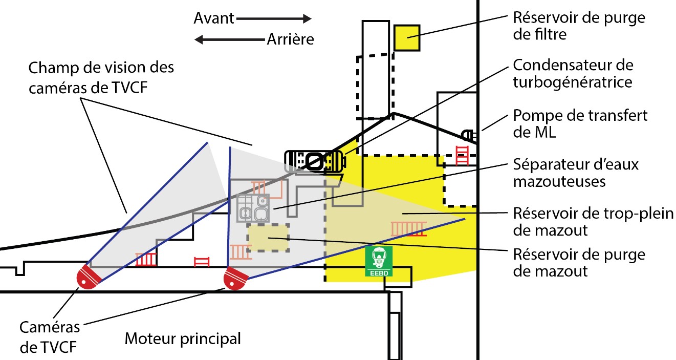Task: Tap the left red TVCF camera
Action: [x=88, y=277]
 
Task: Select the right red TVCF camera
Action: [x=235, y=279]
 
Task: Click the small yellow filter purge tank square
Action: [x=407, y=37]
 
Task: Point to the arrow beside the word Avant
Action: [x=274, y=19]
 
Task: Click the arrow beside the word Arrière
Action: [x=229, y=39]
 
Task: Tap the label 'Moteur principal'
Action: [x=183, y=338]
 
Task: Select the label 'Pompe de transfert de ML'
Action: [x=580, y=123]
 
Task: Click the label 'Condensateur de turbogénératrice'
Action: [x=573, y=73]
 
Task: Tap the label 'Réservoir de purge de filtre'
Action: [x=579, y=26]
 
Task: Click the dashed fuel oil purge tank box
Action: [x=268, y=237]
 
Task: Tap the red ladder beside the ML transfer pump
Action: [x=462, y=155]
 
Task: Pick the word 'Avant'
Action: [x=213, y=19]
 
